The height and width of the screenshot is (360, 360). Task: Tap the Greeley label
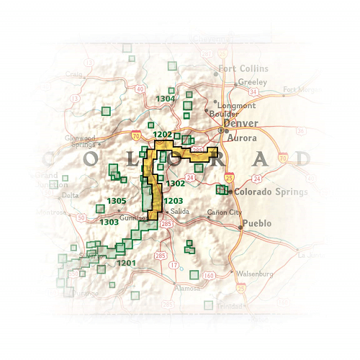point(253,81)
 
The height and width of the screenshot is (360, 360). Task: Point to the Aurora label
point(241,137)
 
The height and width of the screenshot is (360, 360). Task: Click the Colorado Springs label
point(271,192)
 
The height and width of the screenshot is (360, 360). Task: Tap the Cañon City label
point(221,212)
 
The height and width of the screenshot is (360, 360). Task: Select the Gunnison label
point(132,216)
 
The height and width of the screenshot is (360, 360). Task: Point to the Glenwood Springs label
point(80,140)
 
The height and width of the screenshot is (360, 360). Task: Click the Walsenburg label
point(257,274)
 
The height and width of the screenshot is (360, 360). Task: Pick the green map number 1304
point(166,98)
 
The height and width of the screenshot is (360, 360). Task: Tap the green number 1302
point(174,184)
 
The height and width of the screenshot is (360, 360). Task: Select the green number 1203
point(174,200)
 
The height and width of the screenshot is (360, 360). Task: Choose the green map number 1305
point(117,200)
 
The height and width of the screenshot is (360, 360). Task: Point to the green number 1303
point(109,222)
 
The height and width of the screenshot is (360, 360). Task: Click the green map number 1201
point(126,263)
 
